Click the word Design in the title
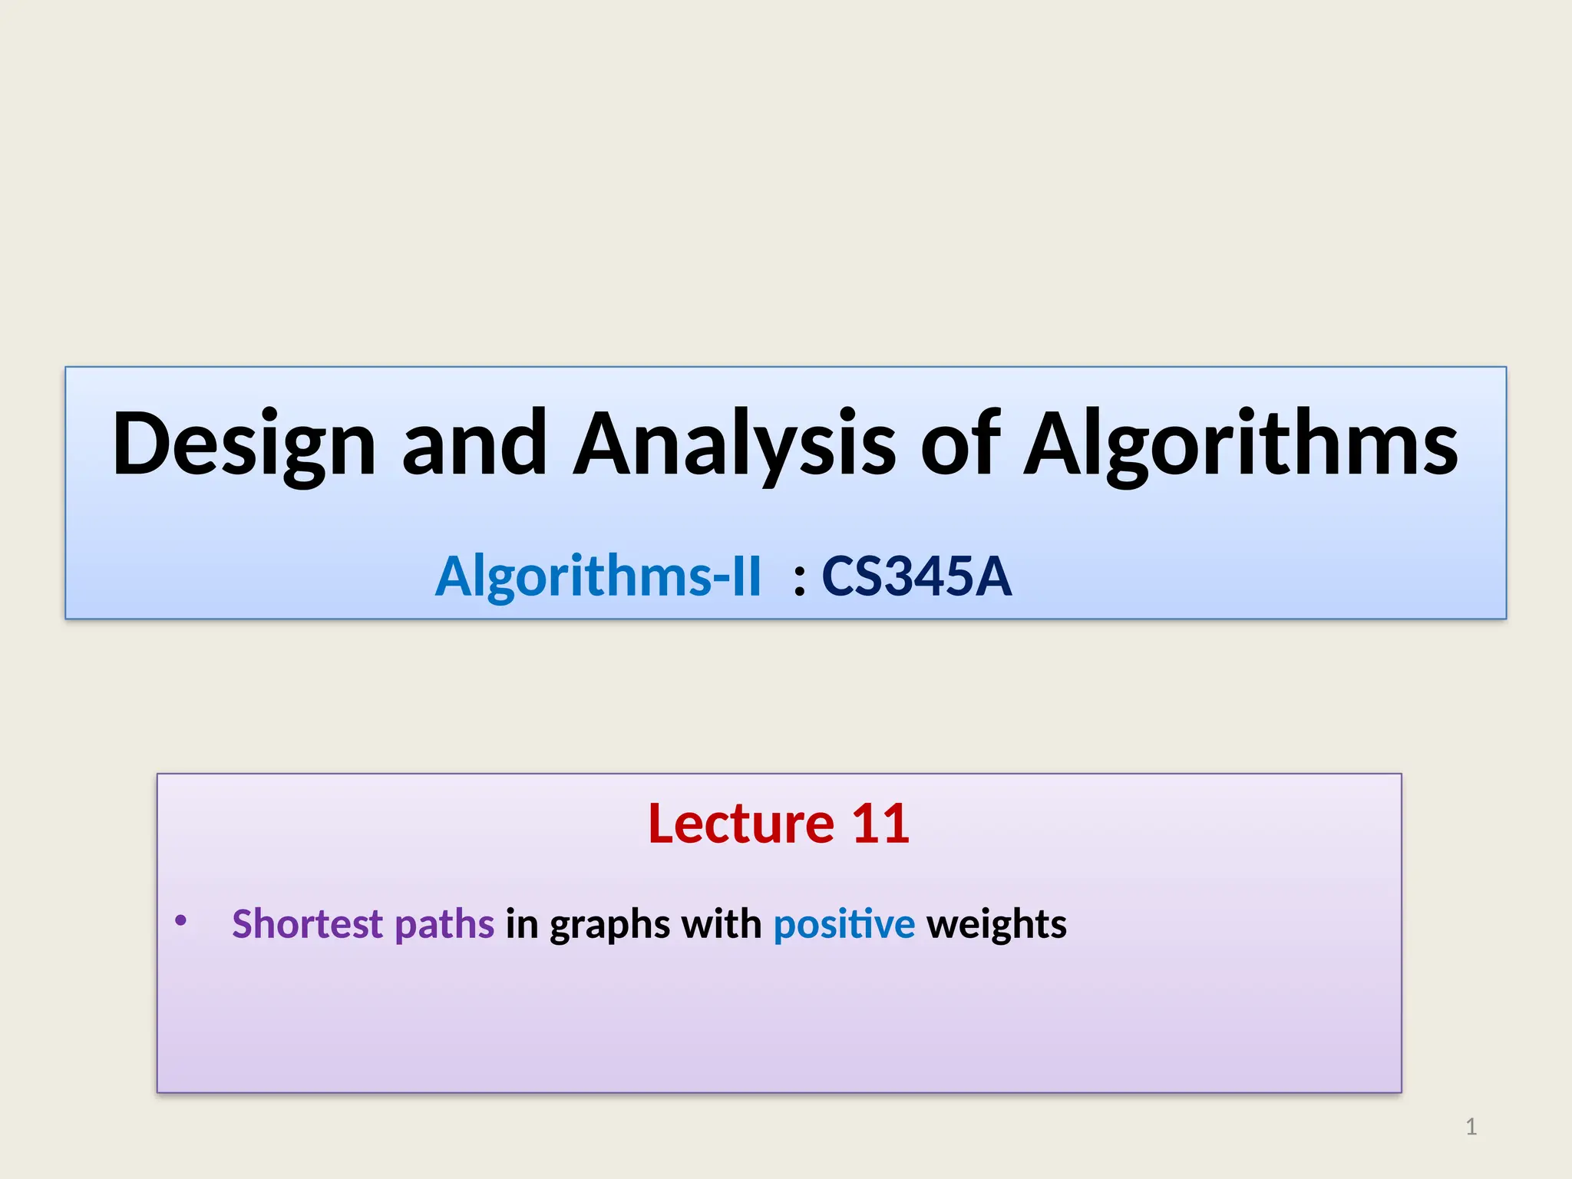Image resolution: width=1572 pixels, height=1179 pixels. tap(244, 445)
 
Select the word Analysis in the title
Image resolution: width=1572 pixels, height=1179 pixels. tap(735, 445)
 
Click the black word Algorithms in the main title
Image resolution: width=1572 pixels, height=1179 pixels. tap(1241, 445)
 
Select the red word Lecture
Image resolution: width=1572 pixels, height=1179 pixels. tap(741, 824)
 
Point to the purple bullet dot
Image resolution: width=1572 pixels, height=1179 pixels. tap(180, 920)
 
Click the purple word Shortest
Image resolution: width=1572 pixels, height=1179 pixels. tap(307, 923)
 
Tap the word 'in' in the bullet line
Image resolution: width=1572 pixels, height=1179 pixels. tap(522, 923)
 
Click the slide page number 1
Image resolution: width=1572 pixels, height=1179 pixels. tap(1471, 1127)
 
